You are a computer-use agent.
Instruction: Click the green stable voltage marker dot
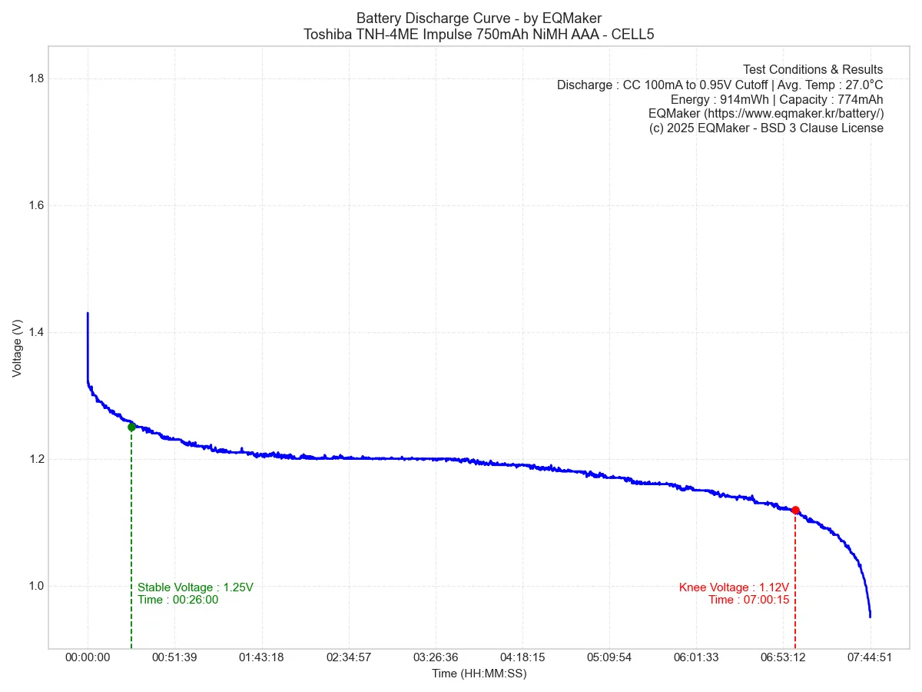(x=131, y=427)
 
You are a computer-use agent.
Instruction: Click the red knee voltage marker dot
(x=795, y=510)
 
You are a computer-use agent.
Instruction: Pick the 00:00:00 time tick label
(x=88, y=658)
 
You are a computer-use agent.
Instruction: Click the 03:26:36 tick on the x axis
(x=436, y=658)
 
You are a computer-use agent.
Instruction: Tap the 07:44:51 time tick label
(x=871, y=658)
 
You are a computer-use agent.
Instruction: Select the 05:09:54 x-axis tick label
(x=609, y=658)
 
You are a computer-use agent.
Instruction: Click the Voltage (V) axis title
(x=17, y=348)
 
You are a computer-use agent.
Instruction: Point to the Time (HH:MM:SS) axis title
(x=479, y=674)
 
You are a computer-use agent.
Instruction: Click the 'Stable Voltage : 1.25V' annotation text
(x=195, y=587)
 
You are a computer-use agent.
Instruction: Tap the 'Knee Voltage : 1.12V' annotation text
(x=734, y=587)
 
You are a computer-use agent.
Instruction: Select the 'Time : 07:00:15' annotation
(x=748, y=600)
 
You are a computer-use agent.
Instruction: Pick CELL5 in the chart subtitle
(x=632, y=35)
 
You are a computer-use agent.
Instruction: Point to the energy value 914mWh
(x=735, y=99)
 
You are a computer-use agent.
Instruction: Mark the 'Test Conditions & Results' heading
(x=813, y=70)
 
